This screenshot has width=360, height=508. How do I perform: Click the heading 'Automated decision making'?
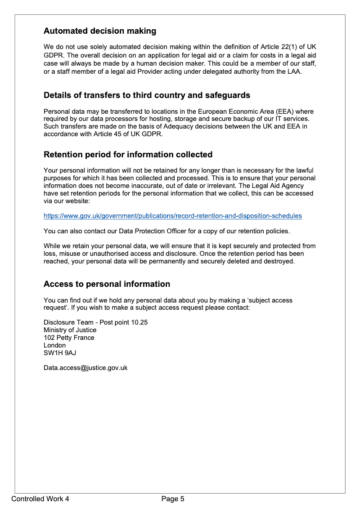(100, 31)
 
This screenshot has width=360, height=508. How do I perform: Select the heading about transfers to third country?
(147, 95)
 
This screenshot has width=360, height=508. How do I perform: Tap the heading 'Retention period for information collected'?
(128, 155)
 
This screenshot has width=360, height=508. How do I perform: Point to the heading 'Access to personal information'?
(107, 284)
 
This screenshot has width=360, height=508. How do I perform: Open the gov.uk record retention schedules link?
(172, 216)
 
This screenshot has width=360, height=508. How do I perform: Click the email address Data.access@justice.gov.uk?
(85, 368)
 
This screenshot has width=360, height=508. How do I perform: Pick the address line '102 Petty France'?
(69, 338)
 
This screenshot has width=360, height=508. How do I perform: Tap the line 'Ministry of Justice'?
(70, 330)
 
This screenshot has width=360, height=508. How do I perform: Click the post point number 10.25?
(139, 322)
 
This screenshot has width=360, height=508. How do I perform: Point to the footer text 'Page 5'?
(173, 499)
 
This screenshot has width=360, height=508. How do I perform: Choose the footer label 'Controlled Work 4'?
(40, 499)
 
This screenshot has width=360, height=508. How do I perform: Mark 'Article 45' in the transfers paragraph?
(102, 134)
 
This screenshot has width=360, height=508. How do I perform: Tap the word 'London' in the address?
(54, 345)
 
